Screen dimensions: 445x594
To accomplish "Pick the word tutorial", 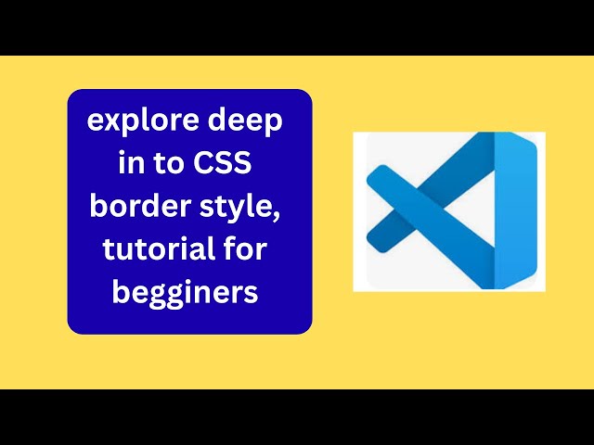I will tap(152, 248).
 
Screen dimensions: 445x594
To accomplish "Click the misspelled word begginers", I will tap(186, 292).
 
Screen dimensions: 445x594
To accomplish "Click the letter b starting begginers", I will tap(121, 290).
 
